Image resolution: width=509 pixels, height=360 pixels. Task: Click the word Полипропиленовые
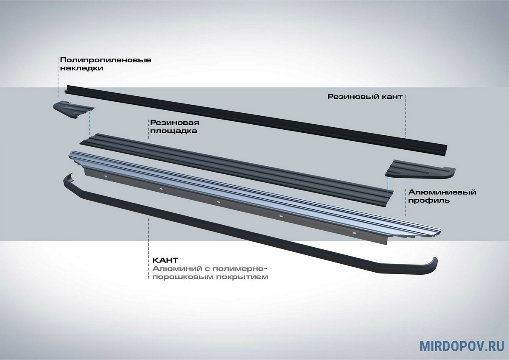click(105, 60)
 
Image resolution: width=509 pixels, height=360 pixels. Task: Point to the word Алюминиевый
click(442, 192)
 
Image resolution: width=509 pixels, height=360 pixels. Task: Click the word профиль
click(428, 200)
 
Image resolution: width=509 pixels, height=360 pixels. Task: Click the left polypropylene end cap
click(73, 109)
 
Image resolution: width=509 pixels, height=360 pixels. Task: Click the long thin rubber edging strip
click(255, 115)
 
